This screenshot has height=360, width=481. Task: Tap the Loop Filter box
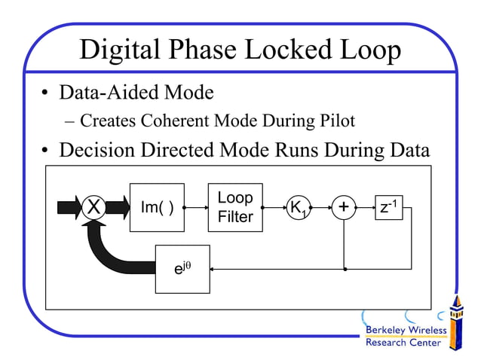235,207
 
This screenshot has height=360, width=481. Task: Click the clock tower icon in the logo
455,322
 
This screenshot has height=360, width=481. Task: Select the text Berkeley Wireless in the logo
406,330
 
